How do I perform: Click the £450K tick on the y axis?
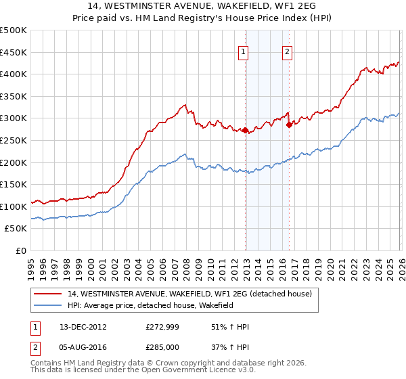tap(14, 52)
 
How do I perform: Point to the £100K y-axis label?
tap(14, 206)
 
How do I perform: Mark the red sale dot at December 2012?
tap(245, 130)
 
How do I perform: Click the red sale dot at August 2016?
tap(289, 125)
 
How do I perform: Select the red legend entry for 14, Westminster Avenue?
tap(189, 294)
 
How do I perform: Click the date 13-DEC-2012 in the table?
tap(84, 327)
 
